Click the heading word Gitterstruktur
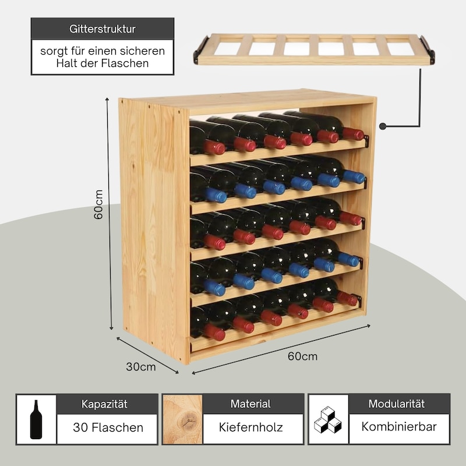(x=103, y=29)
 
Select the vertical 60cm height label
(x=98, y=204)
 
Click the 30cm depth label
(x=140, y=366)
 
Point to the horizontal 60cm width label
(x=302, y=356)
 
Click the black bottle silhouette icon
(x=36, y=419)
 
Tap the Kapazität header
(x=104, y=404)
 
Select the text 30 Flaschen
(x=108, y=428)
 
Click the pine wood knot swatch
(x=182, y=419)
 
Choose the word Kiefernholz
(x=250, y=427)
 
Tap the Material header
(x=250, y=404)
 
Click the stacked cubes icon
(x=328, y=419)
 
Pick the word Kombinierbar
(x=399, y=426)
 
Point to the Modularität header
(x=397, y=404)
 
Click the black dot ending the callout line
(x=383, y=126)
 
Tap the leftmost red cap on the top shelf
(x=214, y=147)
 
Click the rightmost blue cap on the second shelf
(x=354, y=177)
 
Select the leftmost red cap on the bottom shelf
(x=214, y=332)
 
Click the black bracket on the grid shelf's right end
(x=428, y=50)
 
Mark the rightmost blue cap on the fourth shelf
(x=348, y=259)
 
